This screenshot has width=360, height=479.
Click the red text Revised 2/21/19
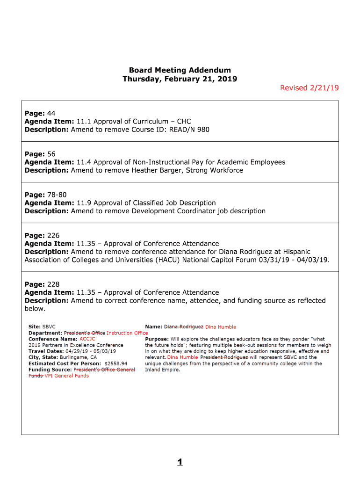[309, 88]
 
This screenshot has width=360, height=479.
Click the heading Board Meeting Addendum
[180, 71]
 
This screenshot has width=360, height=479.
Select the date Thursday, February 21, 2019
[180, 79]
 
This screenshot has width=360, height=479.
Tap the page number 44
[51, 114]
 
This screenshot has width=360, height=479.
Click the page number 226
[53, 236]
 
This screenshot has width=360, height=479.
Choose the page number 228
[53, 284]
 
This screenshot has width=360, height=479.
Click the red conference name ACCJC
[87, 339]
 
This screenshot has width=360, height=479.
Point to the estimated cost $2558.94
[115, 363]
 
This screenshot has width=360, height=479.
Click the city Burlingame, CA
[81, 357]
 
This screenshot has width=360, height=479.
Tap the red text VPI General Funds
[66, 376]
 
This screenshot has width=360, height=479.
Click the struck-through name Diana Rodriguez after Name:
[183, 327]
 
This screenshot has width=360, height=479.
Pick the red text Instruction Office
[127, 333]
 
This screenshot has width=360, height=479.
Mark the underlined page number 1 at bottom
[180, 463]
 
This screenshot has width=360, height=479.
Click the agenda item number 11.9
[83, 203]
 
